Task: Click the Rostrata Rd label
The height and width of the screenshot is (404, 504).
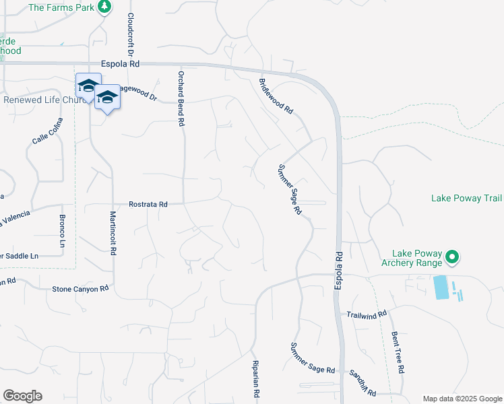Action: click(148, 203)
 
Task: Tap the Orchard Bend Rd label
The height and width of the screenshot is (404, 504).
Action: click(181, 99)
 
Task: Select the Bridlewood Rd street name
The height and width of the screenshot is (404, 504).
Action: click(277, 96)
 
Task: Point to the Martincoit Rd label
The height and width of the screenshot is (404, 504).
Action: click(113, 233)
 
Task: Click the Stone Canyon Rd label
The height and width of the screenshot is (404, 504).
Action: click(81, 288)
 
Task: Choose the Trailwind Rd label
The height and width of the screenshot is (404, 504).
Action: click(367, 314)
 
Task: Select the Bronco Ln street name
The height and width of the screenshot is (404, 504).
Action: click(62, 230)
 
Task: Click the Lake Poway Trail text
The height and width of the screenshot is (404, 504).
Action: click(466, 198)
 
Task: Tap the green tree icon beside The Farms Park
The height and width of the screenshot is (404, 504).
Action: click(104, 7)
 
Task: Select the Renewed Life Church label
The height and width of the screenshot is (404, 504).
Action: click(43, 100)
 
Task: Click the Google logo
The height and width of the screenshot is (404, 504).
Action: click(22, 396)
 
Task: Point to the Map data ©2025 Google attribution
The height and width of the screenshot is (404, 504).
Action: click(462, 398)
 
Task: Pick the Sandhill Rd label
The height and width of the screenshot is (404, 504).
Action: click(362, 381)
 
